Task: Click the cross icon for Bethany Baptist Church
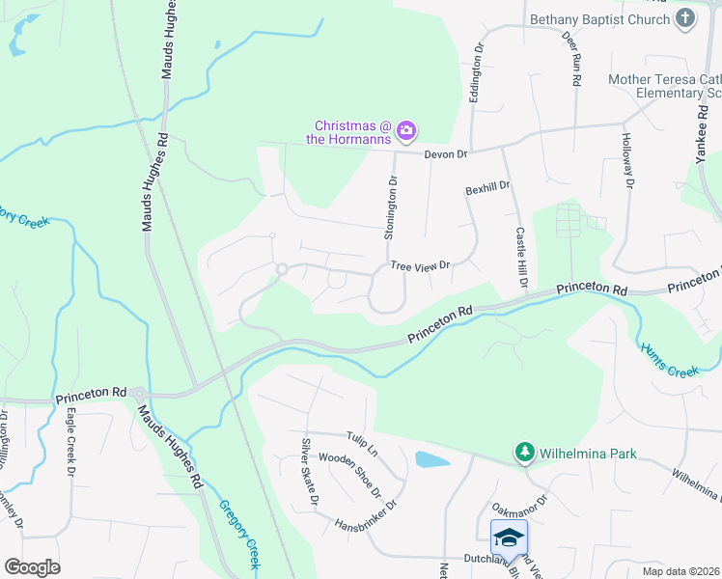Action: (684, 19)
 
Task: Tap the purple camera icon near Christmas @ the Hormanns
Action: (406, 129)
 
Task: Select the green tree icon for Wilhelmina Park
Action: (524, 452)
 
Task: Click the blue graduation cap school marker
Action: (509, 536)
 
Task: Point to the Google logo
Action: (33, 566)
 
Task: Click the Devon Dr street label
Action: (446, 154)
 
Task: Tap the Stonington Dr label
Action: (392, 207)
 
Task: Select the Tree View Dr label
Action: (420, 265)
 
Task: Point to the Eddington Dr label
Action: (475, 73)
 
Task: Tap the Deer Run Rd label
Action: (570, 59)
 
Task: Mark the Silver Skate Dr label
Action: (308, 472)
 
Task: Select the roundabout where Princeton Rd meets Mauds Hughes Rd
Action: (139, 394)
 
